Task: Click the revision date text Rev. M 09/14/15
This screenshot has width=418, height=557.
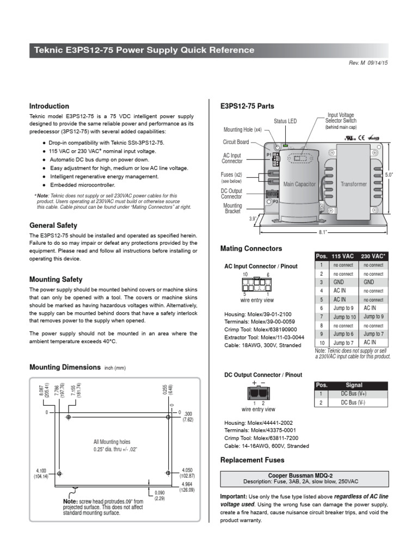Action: [368, 63]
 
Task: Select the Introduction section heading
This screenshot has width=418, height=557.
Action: [49, 106]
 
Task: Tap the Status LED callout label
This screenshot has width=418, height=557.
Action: [285, 121]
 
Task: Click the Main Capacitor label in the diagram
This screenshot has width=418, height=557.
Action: [299, 184]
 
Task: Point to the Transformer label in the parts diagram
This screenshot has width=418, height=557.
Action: [354, 184]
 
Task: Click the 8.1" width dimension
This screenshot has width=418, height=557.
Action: [323, 232]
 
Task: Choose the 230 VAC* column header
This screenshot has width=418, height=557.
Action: [373, 256]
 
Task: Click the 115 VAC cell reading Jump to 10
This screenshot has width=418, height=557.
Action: [344, 317]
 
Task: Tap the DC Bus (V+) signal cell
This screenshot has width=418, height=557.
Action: [354, 393]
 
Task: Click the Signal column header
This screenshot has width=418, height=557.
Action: [354, 385]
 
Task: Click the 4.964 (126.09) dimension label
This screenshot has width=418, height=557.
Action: [187, 486]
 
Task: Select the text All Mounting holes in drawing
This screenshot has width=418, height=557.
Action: [112, 442]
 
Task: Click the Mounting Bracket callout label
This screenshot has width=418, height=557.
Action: [233, 209]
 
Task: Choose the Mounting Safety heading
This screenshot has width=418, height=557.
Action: [56, 279]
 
